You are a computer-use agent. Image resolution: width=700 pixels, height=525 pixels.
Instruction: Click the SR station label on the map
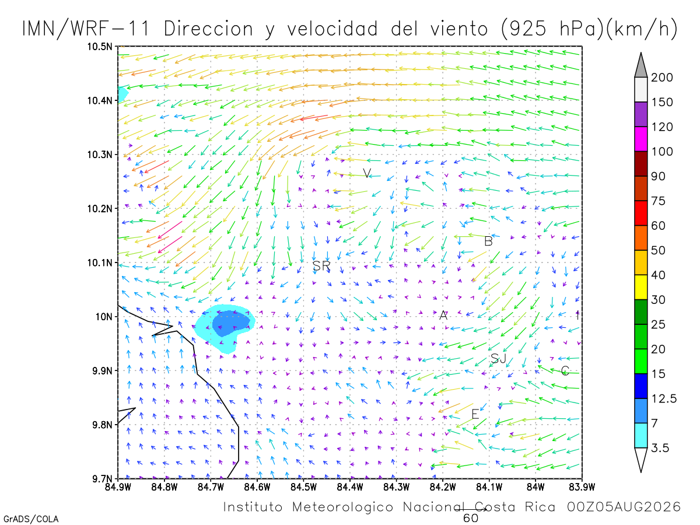point(321,265)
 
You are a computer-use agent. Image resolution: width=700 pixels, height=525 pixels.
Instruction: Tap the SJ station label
point(498,359)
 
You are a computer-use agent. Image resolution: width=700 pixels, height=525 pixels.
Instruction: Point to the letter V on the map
point(367,173)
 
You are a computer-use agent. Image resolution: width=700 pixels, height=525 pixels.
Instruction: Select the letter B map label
point(488,242)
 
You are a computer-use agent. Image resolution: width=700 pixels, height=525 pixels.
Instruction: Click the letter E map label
point(475,414)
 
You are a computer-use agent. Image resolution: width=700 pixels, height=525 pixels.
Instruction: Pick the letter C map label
point(565,371)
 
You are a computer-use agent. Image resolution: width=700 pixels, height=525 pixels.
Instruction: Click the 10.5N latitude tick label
point(100,47)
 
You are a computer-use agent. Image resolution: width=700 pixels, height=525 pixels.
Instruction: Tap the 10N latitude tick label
point(104,317)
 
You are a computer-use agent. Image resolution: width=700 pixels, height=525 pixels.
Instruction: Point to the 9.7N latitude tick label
point(102,479)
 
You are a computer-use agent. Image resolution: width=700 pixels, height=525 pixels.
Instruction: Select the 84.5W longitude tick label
point(303,487)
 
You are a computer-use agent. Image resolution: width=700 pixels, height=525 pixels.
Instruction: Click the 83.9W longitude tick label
point(582,487)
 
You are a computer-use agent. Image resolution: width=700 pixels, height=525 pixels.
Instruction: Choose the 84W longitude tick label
point(535,487)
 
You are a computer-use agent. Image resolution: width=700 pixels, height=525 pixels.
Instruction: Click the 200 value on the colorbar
point(661,78)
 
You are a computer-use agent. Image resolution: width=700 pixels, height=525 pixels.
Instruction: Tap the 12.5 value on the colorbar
point(664,399)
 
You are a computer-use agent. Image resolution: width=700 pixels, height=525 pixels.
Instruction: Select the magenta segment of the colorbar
point(640,139)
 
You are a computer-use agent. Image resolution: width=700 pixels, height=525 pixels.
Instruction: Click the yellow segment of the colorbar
point(640,287)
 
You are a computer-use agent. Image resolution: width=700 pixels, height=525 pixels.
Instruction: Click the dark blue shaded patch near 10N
point(230,323)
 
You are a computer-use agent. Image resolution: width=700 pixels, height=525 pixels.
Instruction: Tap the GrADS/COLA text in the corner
point(31,519)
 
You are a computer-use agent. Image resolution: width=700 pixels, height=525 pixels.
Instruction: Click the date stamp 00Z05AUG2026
point(624,507)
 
